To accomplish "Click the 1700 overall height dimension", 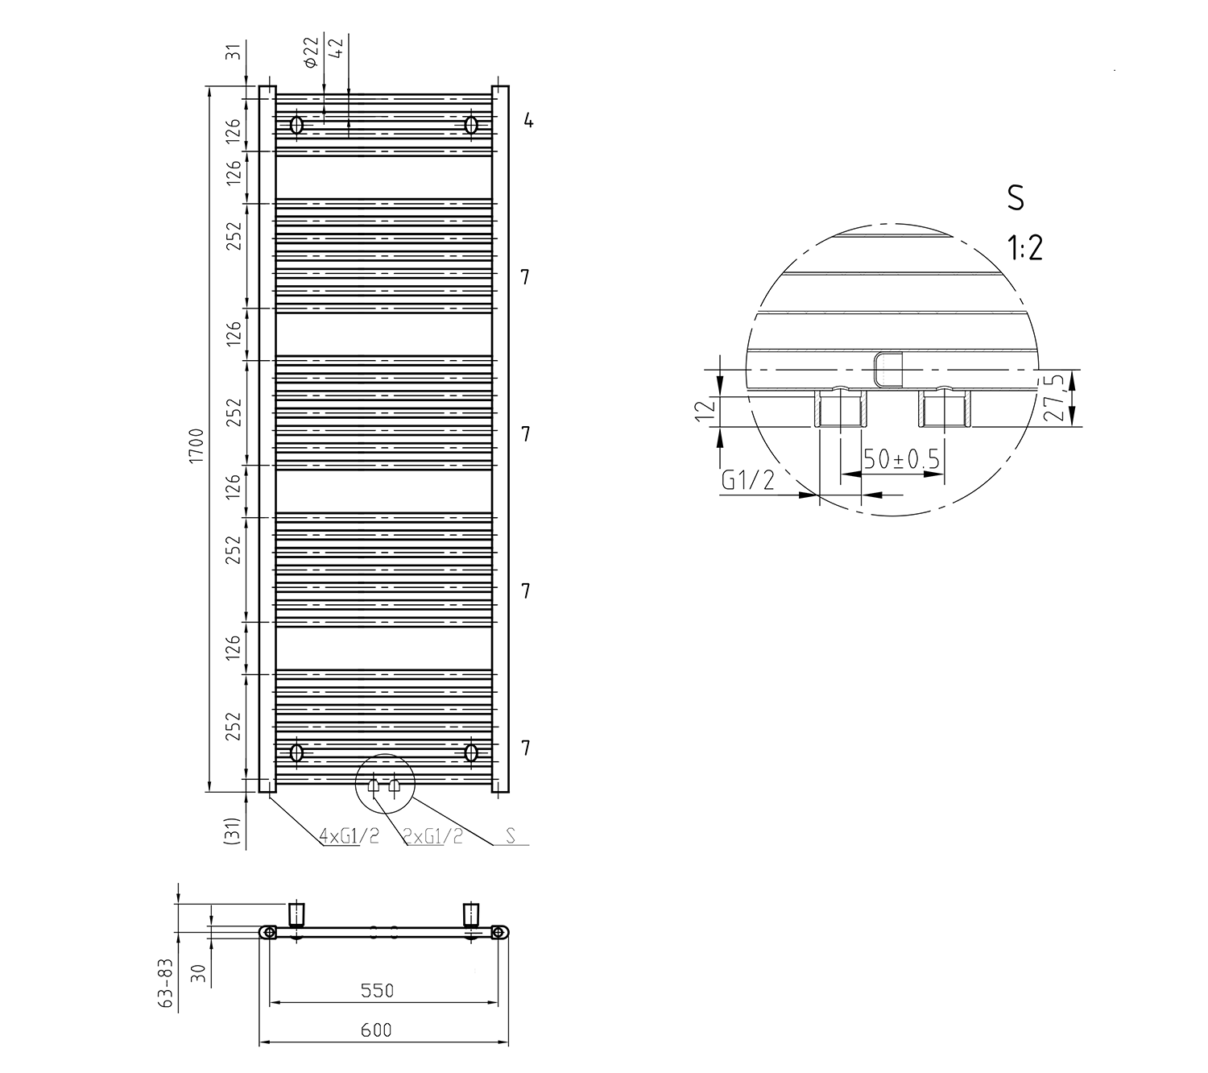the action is [197, 445].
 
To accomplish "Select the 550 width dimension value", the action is [378, 991].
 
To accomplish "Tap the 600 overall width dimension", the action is [376, 1030].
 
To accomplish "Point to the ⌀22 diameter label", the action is [311, 53].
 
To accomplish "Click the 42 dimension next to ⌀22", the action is [337, 47].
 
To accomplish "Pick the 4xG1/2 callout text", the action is [349, 836].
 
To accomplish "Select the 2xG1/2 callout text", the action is [433, 836].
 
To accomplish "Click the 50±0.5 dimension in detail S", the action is [901, 459].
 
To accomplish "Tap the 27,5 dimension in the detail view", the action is [1056, 398].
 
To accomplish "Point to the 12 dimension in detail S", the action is [705, 410].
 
